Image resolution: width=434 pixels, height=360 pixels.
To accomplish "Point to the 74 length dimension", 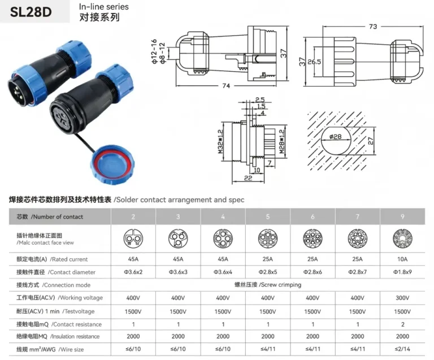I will (x=227, y=86).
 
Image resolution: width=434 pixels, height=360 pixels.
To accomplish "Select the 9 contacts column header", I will (x=402, y=216).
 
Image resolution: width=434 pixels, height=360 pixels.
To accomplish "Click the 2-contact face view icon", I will (x=133, y=238).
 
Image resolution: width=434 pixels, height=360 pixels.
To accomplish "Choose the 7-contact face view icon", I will (x=357, y=238).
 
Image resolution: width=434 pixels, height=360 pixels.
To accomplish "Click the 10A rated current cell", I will (x=402, y=259).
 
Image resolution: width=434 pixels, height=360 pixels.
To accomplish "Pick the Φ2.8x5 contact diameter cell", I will (x=268, y=272).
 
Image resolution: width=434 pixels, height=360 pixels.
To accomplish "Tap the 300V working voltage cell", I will (x=402, y=298).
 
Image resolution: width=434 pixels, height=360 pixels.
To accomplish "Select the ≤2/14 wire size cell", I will (x=402, y=349).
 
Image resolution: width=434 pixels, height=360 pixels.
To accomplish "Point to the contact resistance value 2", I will (x=402, y=324).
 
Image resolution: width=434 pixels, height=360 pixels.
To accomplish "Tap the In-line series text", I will (x=103, y=7).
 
